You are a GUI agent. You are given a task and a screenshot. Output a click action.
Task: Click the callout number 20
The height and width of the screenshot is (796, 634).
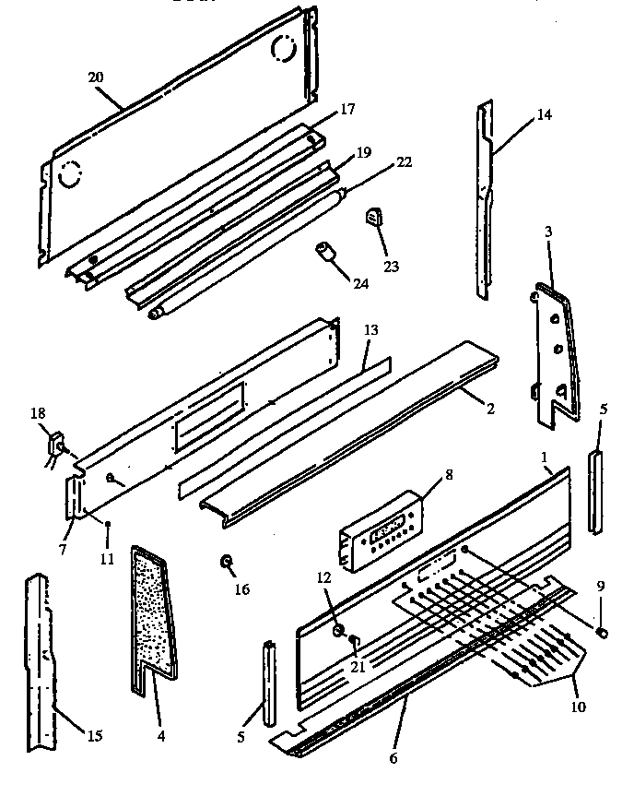(95, 77)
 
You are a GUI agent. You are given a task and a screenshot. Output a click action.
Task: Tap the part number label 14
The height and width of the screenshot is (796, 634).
(544, 116)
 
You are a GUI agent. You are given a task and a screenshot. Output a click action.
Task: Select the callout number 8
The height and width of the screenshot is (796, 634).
(449, 477)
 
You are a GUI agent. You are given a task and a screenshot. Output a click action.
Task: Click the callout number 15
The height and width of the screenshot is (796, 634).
(95, 736)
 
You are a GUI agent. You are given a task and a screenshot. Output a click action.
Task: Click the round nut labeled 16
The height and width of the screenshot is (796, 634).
(224, 562)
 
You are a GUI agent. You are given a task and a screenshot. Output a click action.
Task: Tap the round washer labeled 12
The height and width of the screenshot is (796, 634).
(337, 631)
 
